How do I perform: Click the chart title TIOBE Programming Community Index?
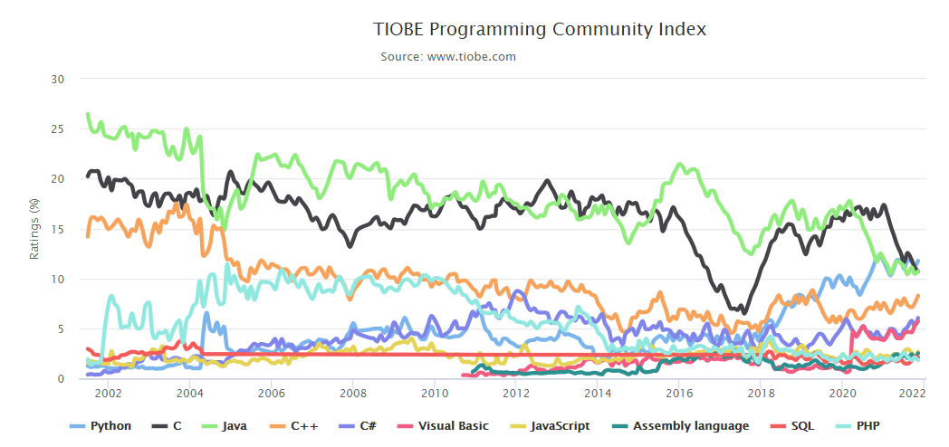540,29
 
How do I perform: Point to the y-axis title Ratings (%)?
34,229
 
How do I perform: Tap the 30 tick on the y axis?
58,80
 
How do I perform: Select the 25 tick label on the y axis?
58,129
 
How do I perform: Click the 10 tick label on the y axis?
58,280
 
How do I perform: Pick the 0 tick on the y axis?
61,379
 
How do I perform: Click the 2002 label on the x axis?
108,394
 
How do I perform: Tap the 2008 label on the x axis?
352,394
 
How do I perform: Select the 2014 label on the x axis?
598,394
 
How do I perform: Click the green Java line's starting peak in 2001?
87,115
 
